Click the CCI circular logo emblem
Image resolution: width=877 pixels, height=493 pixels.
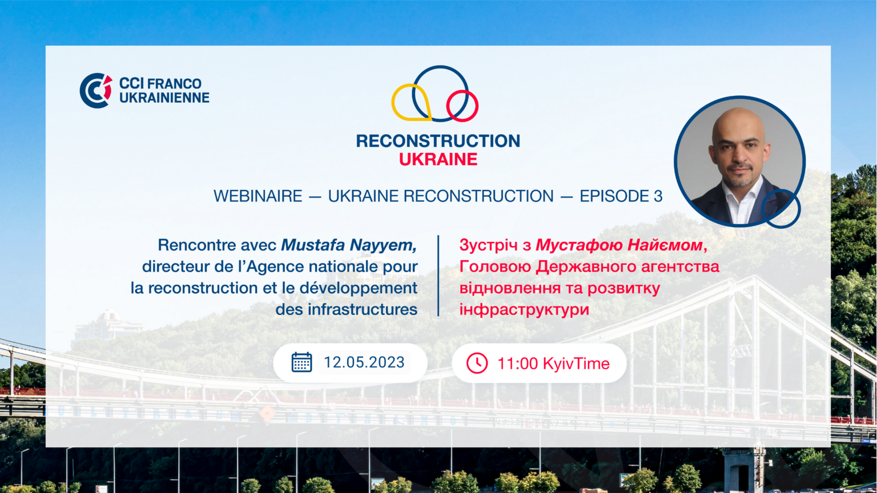pos(95,90)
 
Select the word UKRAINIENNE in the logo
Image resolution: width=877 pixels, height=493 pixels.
pos(164,98)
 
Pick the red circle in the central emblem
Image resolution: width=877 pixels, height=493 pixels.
pos(462,106)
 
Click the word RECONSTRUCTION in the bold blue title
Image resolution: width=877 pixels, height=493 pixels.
pos(438,141)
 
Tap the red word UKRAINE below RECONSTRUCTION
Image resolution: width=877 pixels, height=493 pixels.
pos(438,160)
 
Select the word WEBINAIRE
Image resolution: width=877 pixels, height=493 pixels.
pos(258,196)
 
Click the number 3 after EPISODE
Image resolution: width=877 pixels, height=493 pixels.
pos(658,196)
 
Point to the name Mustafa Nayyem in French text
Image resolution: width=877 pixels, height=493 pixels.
pos(348,245)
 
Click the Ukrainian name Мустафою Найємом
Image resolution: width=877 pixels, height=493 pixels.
pos(619,245)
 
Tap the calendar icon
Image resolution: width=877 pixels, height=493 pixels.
pos(301,362)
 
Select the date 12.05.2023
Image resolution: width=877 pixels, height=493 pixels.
pos(364,362)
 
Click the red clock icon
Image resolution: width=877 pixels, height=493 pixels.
pos(477,363)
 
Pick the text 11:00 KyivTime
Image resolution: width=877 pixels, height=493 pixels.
pos(553,363)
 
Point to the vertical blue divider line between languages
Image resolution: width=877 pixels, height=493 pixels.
pos(438,276)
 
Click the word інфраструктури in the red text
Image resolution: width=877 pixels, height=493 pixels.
pos(524,310)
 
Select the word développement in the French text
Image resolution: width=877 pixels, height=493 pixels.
pos(359,288)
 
